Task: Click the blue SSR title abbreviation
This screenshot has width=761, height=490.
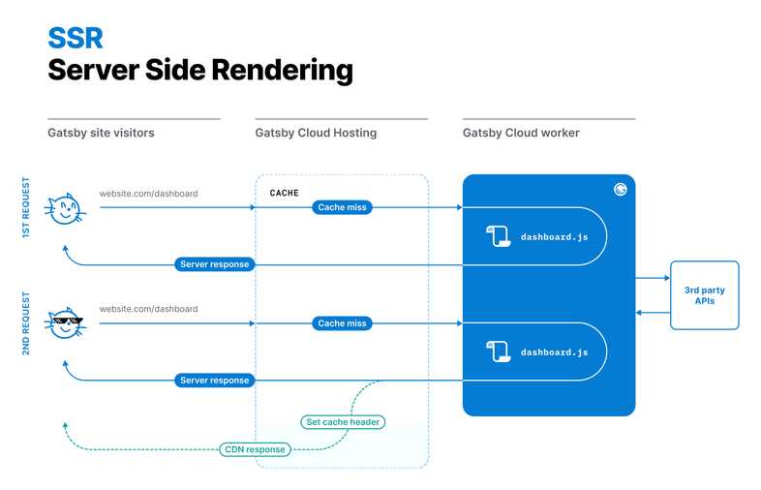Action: pyautogui.click(x=75, y=37)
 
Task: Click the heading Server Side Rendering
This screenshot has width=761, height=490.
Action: pyautogui.click(x=199, y=70)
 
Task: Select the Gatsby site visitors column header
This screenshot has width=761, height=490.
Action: pyautogui.click(x=101, y=133)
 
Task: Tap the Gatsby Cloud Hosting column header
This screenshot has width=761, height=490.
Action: pyautogui.click(x=316, y=133)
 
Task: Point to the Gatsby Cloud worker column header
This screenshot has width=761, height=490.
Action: pyautogui.click(x=521, y=133)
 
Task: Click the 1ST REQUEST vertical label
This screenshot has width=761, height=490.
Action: pyautogui.click(x=26, y=207)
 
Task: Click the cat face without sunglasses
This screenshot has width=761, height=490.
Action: pyautogui.click(x=65, y=208)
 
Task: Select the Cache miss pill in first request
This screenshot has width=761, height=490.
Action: pyautogui.click(x=343, y=207)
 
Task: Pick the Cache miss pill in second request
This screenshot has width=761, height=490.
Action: pyautogui.click(x=343, y=323)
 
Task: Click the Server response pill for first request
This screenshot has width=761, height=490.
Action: pyautogui.click(x=215, y=264)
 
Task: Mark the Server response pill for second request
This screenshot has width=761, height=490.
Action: pyautogui.click(x=215, y=381)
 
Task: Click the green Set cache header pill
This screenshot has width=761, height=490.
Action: pyautogui.click(x=343, y=421)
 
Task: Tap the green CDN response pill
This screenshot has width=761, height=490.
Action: pyautogui.click(x=255, y=449)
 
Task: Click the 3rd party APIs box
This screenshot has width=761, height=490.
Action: pyautogui.click(x=704, y=295)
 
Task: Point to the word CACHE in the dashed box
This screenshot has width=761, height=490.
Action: pyautogui.click(x=284, y=193)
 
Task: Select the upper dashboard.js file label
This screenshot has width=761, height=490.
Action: pyautogui.click(x=554, y=236)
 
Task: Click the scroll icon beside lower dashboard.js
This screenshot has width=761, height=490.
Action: pyautogui.click(x=498, y=352)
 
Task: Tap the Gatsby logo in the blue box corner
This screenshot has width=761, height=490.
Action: pyautogui.click(x=621, y=190)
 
